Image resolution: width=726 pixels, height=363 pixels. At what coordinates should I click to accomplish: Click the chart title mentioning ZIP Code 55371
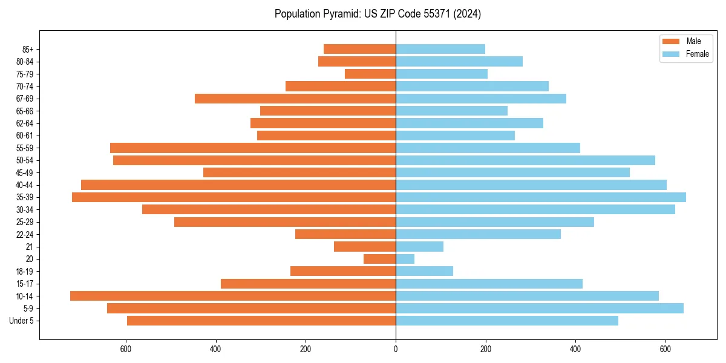click(378, 14)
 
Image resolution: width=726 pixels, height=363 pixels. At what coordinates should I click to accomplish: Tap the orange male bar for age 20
click(379, 259)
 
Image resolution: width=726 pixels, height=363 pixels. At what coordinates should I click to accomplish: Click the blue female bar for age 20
click(405, 259)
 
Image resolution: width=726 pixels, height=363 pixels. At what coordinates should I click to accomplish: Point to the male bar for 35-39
click(234, 197)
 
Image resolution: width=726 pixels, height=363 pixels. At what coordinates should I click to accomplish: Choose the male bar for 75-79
click(370, 74)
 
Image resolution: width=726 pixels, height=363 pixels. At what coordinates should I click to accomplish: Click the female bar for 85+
click(440, 49)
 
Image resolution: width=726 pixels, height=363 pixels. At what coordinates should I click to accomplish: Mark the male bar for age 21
click(365, 247)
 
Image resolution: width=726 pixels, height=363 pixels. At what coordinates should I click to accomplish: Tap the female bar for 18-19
click(424, 272)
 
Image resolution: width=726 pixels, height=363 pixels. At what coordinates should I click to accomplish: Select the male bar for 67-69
click(295, 99)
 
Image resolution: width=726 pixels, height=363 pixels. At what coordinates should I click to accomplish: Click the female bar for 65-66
click(451, 111)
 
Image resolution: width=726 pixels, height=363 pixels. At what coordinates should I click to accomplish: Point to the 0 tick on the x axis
click(396, 349)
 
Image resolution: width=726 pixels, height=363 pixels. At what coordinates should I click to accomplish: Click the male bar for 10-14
click(233, 296)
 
